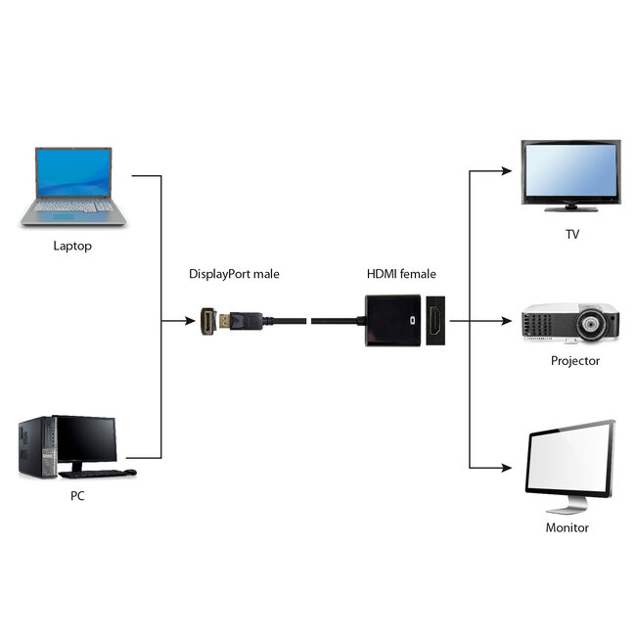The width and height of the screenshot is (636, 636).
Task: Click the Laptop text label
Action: [71, 246]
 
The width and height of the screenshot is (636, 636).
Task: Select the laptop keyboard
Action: [70, 206]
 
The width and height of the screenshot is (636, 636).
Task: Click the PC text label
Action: [77, 496]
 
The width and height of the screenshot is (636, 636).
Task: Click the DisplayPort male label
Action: [234, 274]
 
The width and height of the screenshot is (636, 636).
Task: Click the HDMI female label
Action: [401, 274]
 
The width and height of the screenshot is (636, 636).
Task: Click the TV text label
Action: [571, 235]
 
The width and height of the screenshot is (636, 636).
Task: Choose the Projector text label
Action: [574, 360]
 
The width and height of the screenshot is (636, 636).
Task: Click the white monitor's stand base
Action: [568, 509]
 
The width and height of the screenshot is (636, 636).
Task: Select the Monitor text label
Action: [568, 527]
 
